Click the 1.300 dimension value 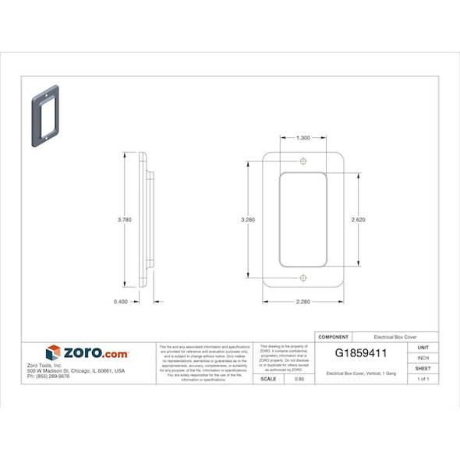[x=303, y=137]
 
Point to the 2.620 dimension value [x=359, y=219]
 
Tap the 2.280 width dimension [x=303, y=301]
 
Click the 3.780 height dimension [x=124, y=220]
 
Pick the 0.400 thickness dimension [x=121, y=301]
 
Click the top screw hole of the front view [x=303, y=161]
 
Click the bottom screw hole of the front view [x=303, y=278]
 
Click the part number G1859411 [x=360, y=353]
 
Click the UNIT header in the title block [x=423, y=346]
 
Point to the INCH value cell [x=423, y=357]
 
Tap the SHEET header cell [x=423, y=368]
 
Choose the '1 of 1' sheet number [x=423, y=379]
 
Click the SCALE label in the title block [x=267, y=379]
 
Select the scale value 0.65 [x=299, y=379]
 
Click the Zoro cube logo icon [x=53, y=353]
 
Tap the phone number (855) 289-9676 [x=48, y=377]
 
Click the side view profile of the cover [x=146, y=220]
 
